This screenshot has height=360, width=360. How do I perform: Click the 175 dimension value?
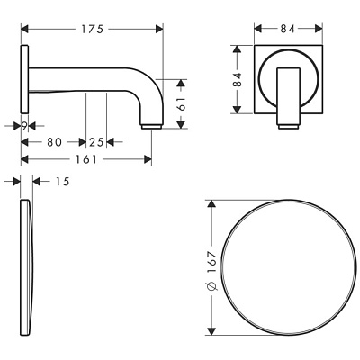(x=93, y=29)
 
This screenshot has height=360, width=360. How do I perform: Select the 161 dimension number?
(x=85, y=159)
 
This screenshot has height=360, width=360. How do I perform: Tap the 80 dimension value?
(x=54, y=142)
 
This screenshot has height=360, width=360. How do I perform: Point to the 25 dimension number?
(x=96, y=142)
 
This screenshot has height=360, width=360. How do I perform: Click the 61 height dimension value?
(x=182, y=103)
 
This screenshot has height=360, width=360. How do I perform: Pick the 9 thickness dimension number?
(x=24, y=126)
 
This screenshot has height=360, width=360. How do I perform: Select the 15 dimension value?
(x=62, y=181)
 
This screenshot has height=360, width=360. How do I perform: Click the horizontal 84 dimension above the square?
(x=288, y=29)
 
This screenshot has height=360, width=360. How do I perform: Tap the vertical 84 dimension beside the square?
(x=238, y=79)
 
